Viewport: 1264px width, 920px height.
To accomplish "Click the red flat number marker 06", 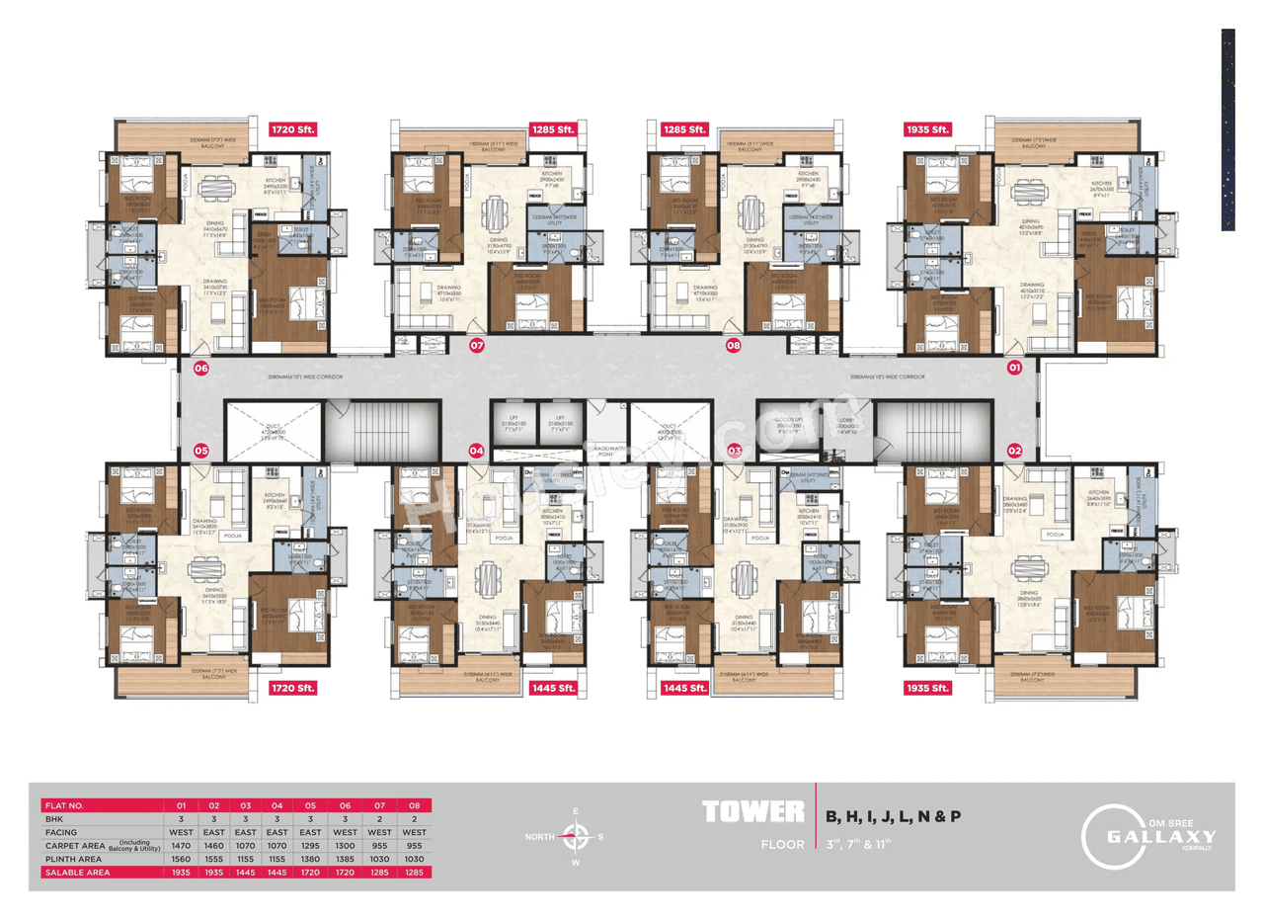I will [201, 369].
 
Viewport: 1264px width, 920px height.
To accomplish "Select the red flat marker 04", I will [477, 450].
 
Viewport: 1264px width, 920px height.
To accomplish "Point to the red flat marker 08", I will [733, 346].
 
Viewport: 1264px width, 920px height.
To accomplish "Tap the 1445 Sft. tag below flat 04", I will [552, 687].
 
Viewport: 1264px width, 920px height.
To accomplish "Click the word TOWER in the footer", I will [752, 813].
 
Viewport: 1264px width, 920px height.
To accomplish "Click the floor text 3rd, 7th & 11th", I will [859, 844].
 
